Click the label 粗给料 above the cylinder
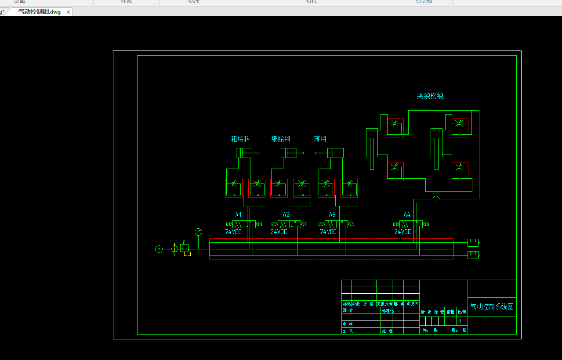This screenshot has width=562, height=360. click(x=240, y=139)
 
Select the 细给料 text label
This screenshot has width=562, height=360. click(x=281, y=139)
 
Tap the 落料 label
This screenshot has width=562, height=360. click(x=320, y=139)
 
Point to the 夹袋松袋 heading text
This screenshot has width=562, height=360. click(x=430, y=96)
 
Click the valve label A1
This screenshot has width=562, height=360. click(x=238, y=215)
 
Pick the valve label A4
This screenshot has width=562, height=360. click(x=407, y=215)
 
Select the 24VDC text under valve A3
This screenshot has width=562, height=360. click(x=328, y=232)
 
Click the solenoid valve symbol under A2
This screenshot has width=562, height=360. click(x=289, y=224)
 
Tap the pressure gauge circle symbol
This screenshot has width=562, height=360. click(x=198, y=232)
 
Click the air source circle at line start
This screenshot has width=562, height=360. click(x=159, y=249)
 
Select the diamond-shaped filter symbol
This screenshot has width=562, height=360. click(x=174, y=249)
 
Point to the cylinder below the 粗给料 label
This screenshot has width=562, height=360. click(x=244, y=153)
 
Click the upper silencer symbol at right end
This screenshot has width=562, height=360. click(x=473, y=242)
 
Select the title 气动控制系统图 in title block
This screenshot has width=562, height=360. click(x=492, y=307)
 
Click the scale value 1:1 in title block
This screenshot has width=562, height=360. click(x=463, y=321)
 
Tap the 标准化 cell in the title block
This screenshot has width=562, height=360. click(x=387, y=311)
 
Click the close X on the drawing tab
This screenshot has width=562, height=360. click(x=68, y=12)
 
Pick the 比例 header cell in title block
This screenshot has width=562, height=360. click(x=462, y=312)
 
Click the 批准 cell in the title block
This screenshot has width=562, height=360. click(x=387, y=331)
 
